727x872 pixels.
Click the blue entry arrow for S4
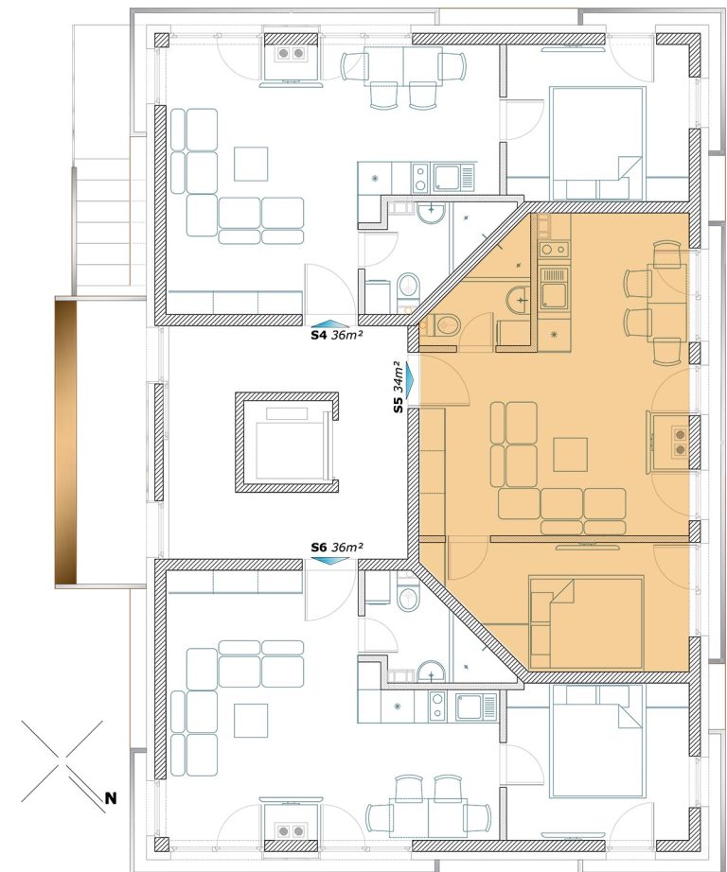point(329,323)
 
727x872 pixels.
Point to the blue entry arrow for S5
point(411,380)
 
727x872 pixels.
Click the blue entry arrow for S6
point(329,561)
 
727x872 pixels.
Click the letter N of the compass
point(111,798)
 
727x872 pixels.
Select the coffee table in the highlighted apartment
point(570,454)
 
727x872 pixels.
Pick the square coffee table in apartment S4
point(251,164)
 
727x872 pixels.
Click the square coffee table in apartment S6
point(251,720)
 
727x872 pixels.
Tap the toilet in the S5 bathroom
point(446,324)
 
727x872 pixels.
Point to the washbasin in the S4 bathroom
point(431,213)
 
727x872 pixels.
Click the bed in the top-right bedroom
point(597,143)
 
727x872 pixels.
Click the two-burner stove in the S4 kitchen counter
point(420,178)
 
